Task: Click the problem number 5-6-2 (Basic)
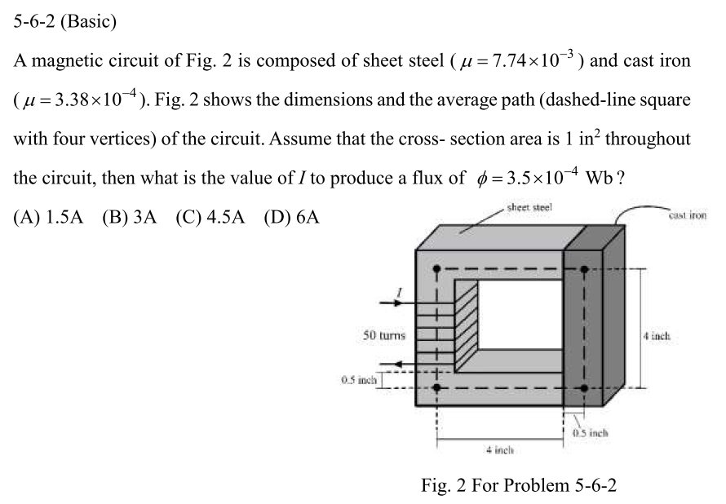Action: click(65, 22)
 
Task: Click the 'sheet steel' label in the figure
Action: click(530, 208)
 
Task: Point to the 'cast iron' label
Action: click(687, 215)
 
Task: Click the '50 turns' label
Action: click(384, 334)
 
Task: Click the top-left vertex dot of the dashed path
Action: click(438, 268)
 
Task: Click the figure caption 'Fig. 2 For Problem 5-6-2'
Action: click(519, 486)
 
